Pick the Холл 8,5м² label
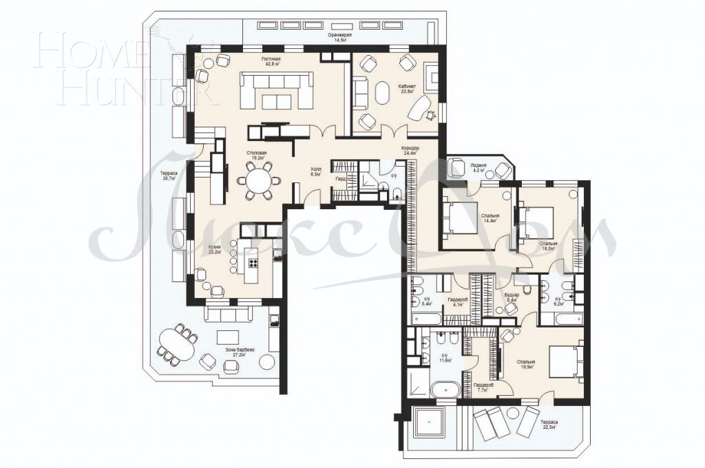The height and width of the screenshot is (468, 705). click(317, 171)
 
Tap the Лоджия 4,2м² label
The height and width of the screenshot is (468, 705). click(479, 168)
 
